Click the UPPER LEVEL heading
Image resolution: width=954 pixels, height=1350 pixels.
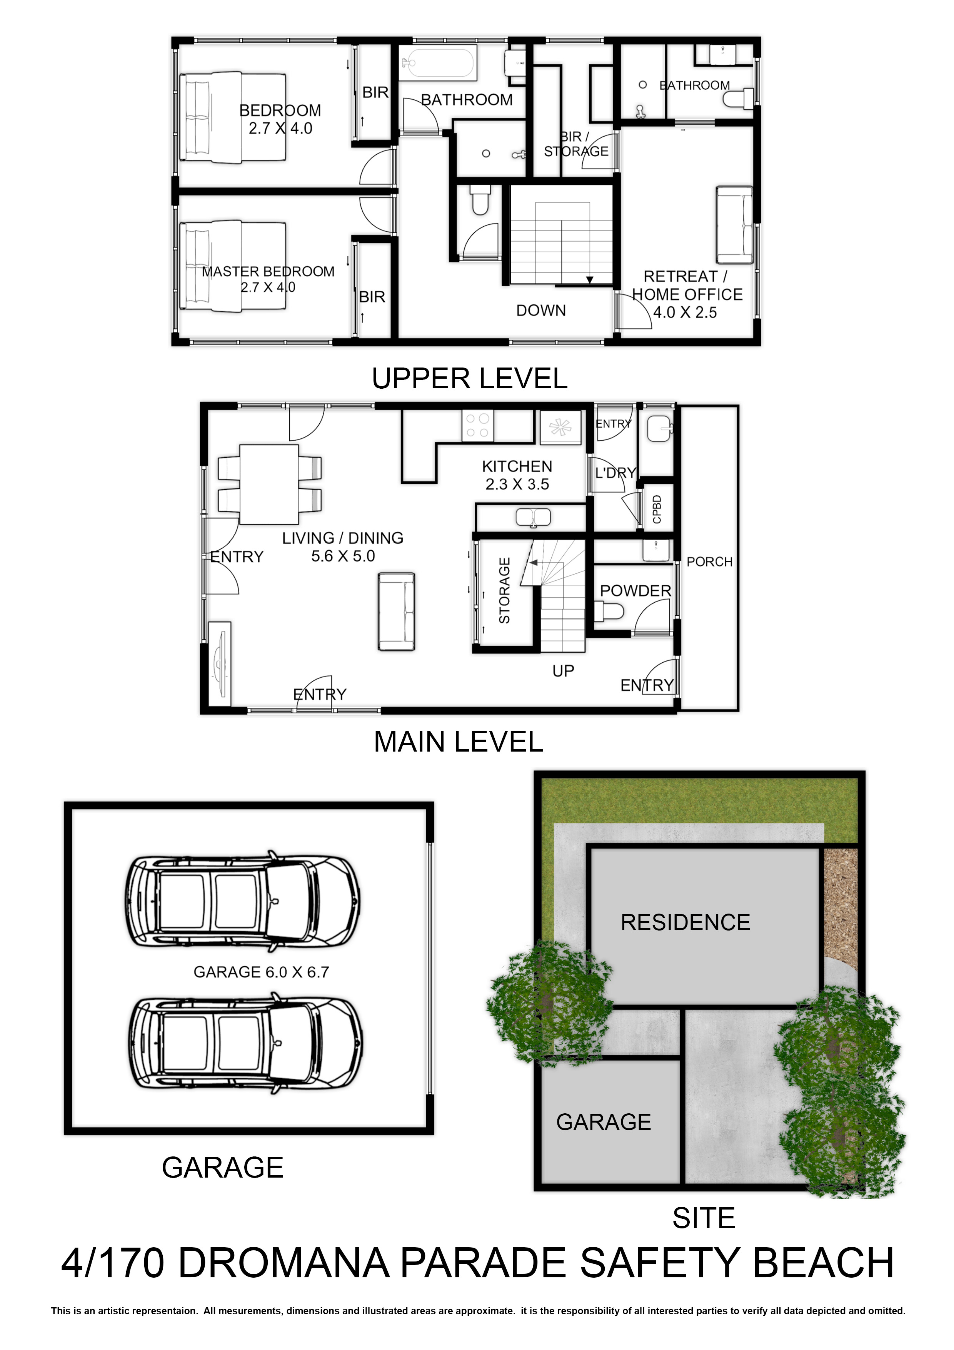tap(470, 379)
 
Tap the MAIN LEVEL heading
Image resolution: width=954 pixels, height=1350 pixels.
tap(459, 742)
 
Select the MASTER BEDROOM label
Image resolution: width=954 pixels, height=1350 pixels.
tap(268, 272)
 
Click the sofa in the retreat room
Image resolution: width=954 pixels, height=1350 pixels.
tap(734, 225)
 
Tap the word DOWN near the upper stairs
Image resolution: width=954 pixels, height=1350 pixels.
tap(541, 311)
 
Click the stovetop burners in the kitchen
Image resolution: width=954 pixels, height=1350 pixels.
tap(477, 426)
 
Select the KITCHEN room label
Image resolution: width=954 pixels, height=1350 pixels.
tap(517, 467)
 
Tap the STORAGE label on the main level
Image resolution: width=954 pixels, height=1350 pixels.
tap(504, 590)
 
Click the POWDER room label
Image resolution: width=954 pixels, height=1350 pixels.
tap(635, 591)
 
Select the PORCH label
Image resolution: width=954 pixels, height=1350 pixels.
tap(709, 562)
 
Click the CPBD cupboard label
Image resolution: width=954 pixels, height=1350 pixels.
tap(657, 509)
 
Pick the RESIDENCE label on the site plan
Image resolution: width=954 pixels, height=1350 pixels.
tap(685, 922)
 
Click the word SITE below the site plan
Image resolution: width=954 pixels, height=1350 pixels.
tap(704, 1218)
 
